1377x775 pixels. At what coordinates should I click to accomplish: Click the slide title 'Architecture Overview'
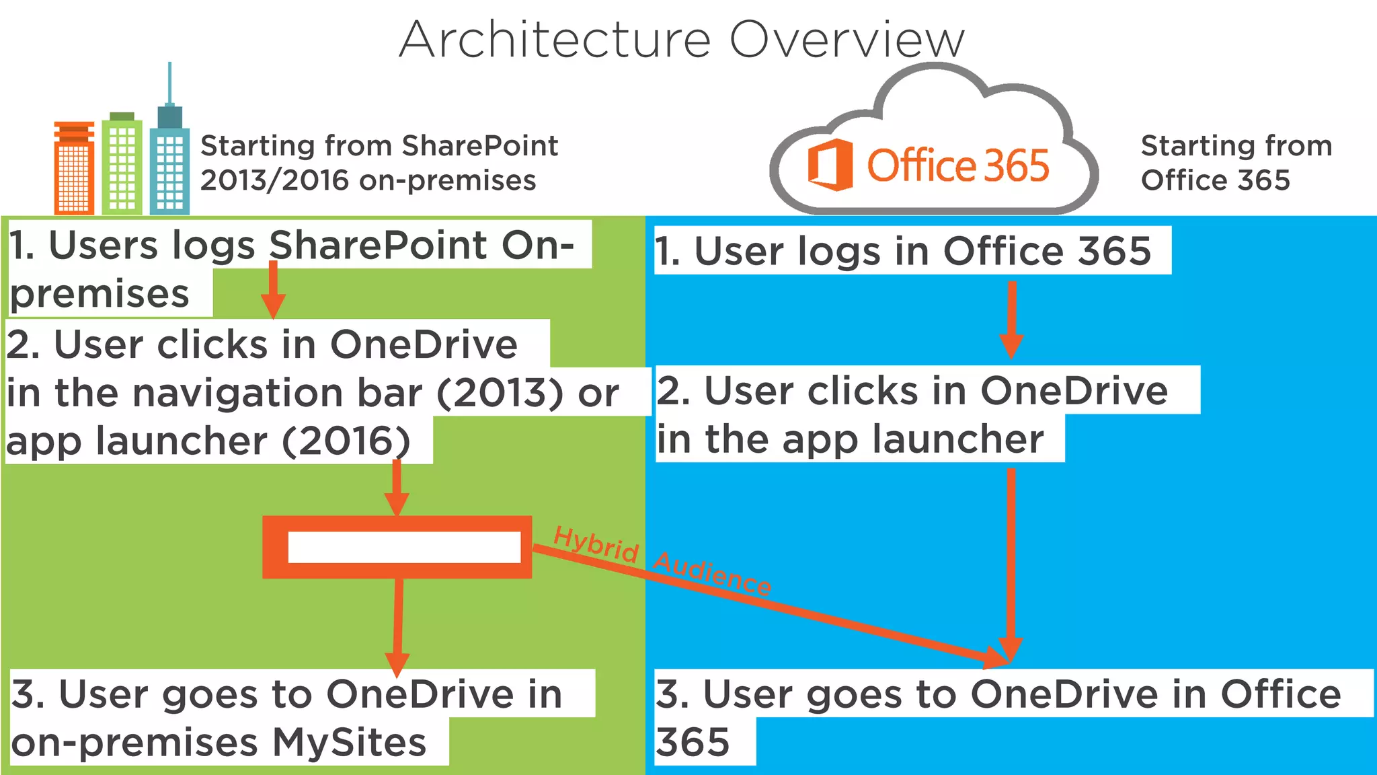pyautogui.click(x=682, y=40)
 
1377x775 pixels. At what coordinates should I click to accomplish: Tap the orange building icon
pyautogui.click(x=74, y=168)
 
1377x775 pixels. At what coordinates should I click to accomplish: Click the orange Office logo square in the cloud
pyautogui.click(x=830, y=165)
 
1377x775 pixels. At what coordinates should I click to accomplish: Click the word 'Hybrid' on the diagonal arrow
pyautogui.click(x=596, y=544)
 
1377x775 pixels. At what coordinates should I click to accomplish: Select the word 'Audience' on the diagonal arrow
pyautogui.click(x=713, y=574)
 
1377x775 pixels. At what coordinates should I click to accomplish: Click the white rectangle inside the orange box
pyautogui.click(x=404, y=547)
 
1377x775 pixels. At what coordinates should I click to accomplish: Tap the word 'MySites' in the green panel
pyautogui.click(x=349, y=743)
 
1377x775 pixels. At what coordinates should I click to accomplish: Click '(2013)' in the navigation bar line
pyautogui.click(x=500, y=393)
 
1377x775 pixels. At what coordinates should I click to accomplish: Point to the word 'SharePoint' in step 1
pyautogui.click(x=378, y=245)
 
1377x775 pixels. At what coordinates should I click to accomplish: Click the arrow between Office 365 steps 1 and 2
pyautogui.click(x=1011, y=320)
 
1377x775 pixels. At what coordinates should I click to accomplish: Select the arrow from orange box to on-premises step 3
pyautogui.click(x=398, y=626)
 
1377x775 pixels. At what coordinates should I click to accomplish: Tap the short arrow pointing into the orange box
pyautogui.click(x=397, y=488)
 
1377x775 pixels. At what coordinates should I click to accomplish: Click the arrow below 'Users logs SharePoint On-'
pyautogui.click(x=273, y=289)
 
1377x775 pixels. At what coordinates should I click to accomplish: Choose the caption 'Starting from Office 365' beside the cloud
pyautogui.click(x=1236, y=163)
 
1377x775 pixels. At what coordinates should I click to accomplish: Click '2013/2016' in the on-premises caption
pyautogui.click(x=274, y=180)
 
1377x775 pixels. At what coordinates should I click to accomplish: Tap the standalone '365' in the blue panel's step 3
pyautogui.click(x=693, y=743)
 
